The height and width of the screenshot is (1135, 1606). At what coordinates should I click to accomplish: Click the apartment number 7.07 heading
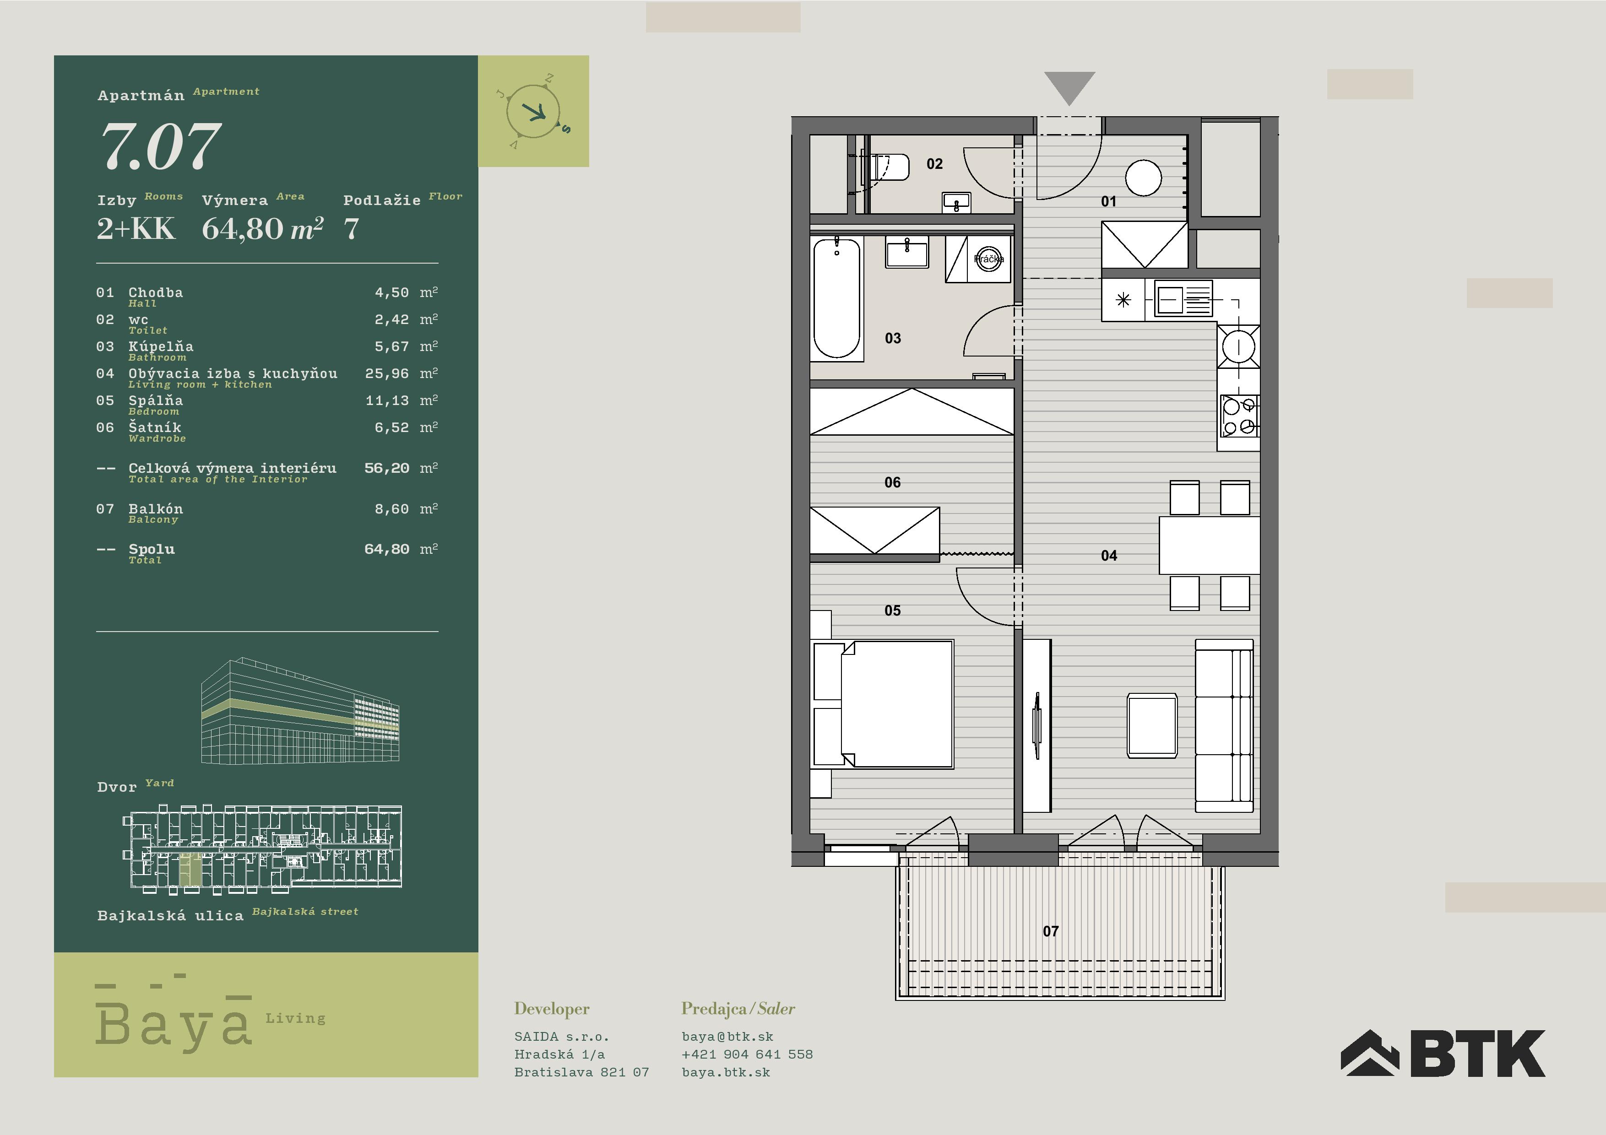coord(161,146)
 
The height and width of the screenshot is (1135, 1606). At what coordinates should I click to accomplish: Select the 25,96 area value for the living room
coord(387,373)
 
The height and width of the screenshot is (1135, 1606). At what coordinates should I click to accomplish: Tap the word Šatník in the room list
coord(155,427)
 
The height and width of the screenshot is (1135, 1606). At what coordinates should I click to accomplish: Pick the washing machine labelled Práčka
coord(988,259)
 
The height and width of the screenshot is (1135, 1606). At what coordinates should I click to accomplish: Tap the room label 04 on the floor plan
coord(1109,556)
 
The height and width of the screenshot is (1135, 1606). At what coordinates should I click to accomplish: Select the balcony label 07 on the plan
coord(1051,931)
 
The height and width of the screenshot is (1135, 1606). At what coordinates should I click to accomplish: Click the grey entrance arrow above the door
coord(1069,86)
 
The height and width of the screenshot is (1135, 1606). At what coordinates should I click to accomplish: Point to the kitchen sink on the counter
coord(1183,300)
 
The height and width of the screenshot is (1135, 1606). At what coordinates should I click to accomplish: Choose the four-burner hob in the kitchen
coord(1239,416)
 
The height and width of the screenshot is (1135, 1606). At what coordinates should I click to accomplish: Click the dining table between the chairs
coord(1210,546)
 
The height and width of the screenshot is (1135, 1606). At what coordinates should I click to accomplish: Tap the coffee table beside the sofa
coord(1151,725)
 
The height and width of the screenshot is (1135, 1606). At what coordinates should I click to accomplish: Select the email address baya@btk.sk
coord(727,1037)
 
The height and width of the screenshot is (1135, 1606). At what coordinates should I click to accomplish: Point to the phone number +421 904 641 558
coord(747,1054)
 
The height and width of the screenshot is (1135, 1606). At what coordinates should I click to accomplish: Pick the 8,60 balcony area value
coord(392,509)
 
